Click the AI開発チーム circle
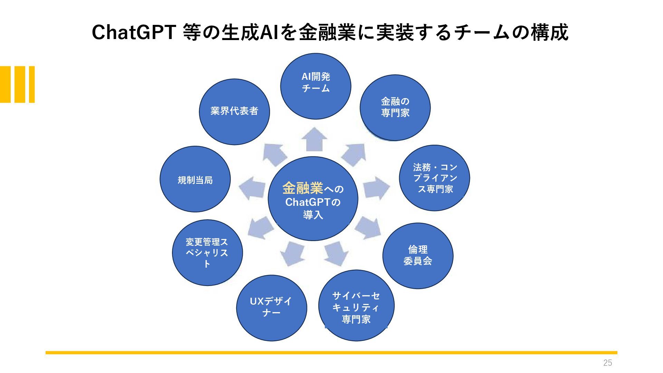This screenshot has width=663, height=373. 316,86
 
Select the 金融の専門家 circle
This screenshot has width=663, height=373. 395,108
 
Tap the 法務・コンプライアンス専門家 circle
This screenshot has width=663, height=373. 434,178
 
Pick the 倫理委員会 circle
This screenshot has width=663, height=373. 418,256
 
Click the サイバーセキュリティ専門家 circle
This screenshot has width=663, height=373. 356,305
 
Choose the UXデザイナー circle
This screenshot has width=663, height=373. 272,308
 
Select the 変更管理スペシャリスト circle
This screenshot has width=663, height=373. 208,253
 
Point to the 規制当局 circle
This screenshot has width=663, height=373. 195,179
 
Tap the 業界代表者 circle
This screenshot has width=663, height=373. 234,112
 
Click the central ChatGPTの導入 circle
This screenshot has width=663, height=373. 313,199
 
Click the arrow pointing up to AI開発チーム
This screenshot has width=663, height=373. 314,139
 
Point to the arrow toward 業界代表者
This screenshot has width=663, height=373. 275,154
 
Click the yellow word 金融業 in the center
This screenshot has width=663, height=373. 302,188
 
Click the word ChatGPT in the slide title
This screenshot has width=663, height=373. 134,32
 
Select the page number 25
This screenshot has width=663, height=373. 607,363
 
